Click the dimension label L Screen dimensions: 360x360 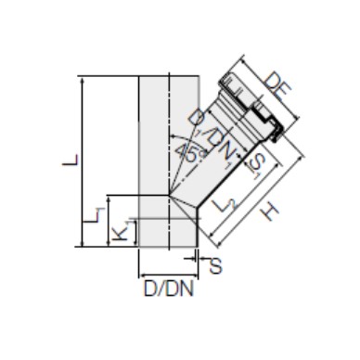(x=71, y=161)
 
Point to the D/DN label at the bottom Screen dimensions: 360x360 (x=169, y=289)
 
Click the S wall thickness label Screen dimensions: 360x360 (x=215, y=265)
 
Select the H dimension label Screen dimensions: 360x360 (x=269, y=212)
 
